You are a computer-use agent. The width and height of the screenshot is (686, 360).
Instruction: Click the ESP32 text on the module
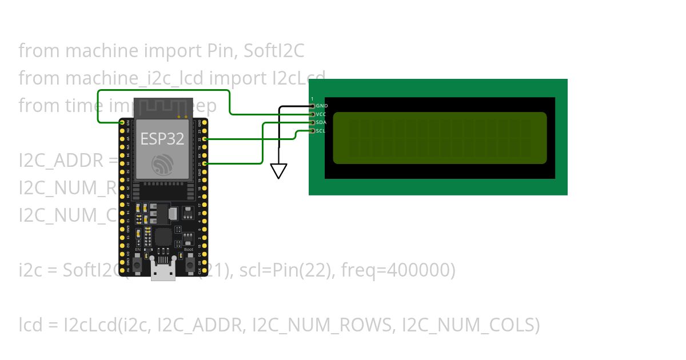click(x=162, y=139)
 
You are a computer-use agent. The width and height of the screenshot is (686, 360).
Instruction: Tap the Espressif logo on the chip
click(x=162, y=165)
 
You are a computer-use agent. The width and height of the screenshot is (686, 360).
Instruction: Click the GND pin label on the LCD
click(x=321, y=106)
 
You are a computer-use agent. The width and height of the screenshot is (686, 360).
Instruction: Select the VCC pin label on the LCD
click(x=321, y=114)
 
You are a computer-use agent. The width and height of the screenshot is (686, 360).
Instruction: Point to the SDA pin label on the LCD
click(x=321, y=123)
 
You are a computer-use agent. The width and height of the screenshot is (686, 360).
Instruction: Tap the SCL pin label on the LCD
click(x=321, y=131)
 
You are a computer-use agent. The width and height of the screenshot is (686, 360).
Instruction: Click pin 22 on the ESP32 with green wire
click(x=204, y=139)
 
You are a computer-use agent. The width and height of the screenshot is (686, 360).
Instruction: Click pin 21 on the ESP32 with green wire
click(x=204, y=163)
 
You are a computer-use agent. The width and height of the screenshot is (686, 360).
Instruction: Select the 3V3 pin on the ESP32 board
click(x=122, y=123)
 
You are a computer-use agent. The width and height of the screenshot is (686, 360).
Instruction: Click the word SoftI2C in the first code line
click(x=273, y=51)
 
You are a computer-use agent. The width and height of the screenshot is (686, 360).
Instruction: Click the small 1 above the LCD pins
click(x=312, y=99)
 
